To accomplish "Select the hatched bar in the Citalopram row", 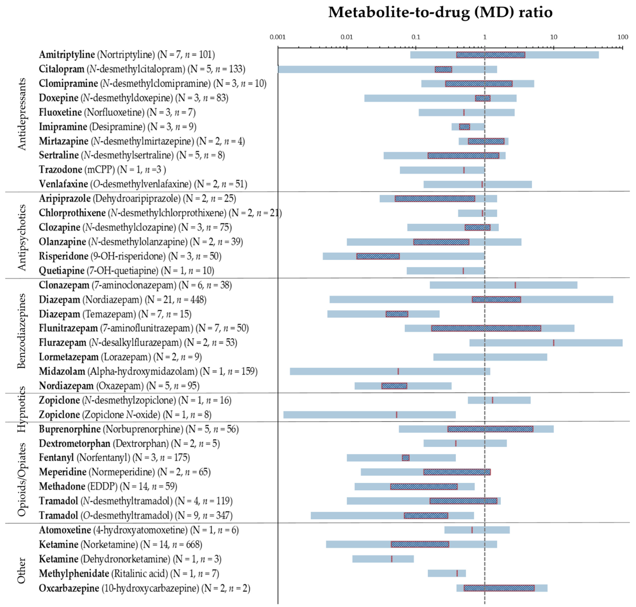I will coord(443,69).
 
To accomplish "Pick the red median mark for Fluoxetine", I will coord(464,113).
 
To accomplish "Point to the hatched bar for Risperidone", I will coord(378,256).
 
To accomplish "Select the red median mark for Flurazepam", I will coord(554,343).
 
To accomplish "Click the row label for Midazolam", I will coord(148,371).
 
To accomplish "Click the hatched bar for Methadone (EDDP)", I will coord(424,487).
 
